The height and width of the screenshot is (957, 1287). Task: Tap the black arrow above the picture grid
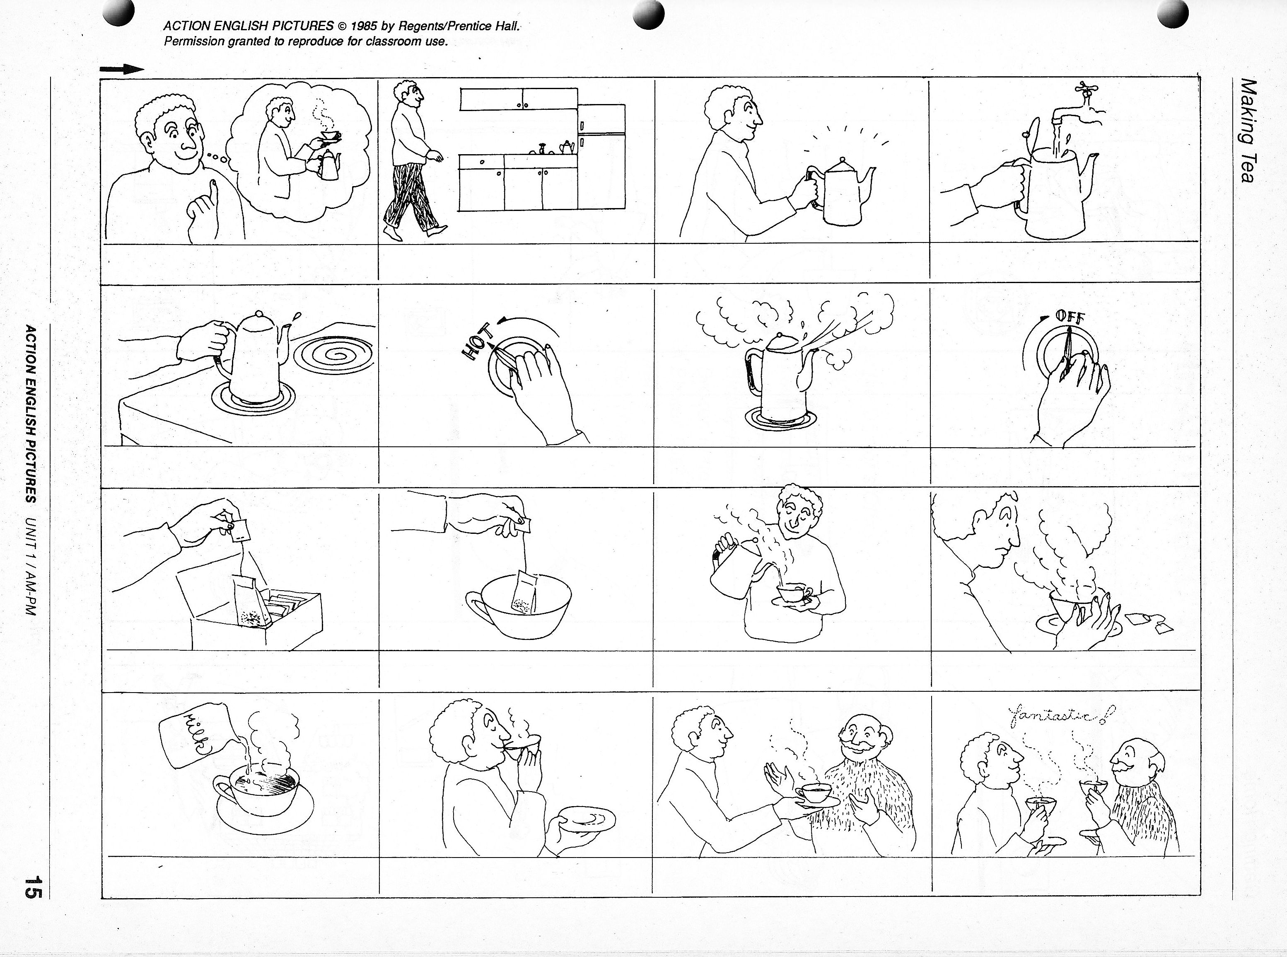pos(122,69)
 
